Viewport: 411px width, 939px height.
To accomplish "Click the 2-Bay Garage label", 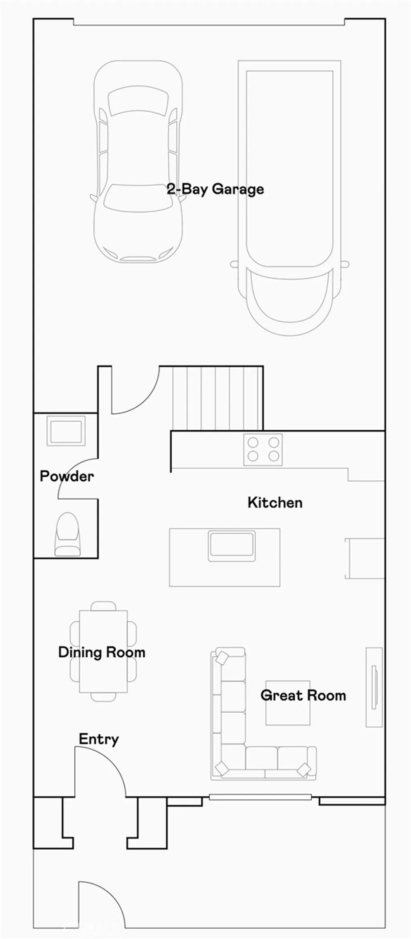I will [216, 189].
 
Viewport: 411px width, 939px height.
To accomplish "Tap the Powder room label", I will [67, 476].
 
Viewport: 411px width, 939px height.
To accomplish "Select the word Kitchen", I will [275, 502].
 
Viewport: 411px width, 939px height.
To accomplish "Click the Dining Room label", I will [102, 652].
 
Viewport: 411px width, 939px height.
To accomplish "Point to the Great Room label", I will [303, 695].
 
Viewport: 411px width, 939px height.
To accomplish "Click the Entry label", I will [99, 739].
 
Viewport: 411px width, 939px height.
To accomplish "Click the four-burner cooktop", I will [263, 449].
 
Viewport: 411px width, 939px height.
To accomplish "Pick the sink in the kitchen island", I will [232, 545].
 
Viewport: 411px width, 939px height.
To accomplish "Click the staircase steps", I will [217, 398].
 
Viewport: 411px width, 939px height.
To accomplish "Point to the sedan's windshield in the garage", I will [138, 197].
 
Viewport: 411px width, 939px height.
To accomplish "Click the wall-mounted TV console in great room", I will [374, 687].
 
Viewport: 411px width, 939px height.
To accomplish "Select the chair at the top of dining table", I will [103, 606].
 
